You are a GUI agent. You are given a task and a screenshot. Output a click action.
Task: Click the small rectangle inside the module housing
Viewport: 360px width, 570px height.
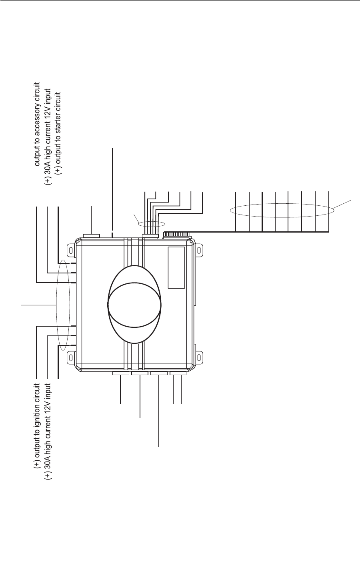[176, 267]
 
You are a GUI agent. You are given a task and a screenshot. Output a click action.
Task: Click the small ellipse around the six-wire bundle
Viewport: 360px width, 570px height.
[152, 224]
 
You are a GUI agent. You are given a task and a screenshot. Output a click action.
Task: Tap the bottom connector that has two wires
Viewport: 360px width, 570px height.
[178, 373]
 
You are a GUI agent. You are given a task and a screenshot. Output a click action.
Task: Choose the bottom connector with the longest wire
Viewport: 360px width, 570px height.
[159, 373]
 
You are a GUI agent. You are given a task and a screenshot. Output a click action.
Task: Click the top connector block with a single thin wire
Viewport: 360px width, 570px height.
[91, 236]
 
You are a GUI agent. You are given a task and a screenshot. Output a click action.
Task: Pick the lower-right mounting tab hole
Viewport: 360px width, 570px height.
[199, 354]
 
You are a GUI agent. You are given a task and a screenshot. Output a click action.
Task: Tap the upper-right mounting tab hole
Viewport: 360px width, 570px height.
[199, 251]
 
